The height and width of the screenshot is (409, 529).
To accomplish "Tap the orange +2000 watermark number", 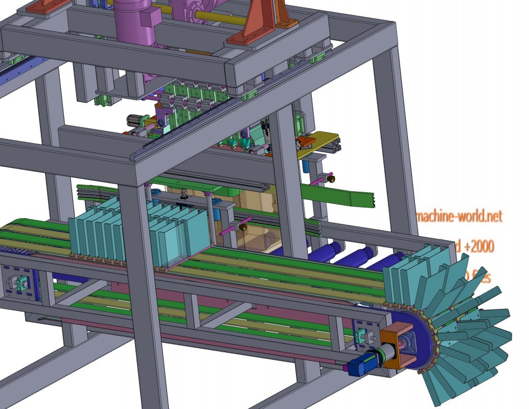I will pyautogui.click(x=478, y=247).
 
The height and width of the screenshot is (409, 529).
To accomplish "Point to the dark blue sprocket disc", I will pyautogui.click(x=423, y=337).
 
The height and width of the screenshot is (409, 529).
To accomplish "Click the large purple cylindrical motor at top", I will pyautogui.click(x=134, y=23).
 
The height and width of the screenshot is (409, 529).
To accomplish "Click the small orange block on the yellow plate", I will pyautogui.click(x=307, y=141).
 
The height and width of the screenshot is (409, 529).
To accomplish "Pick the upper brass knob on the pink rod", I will pyautogui.click(x=332, y=178).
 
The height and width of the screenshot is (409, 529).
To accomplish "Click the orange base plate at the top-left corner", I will pyautogui.click(x=43, y=7).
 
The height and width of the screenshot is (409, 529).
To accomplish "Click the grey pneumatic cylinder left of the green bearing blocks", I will pyautogui.click(x=135, y=120).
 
